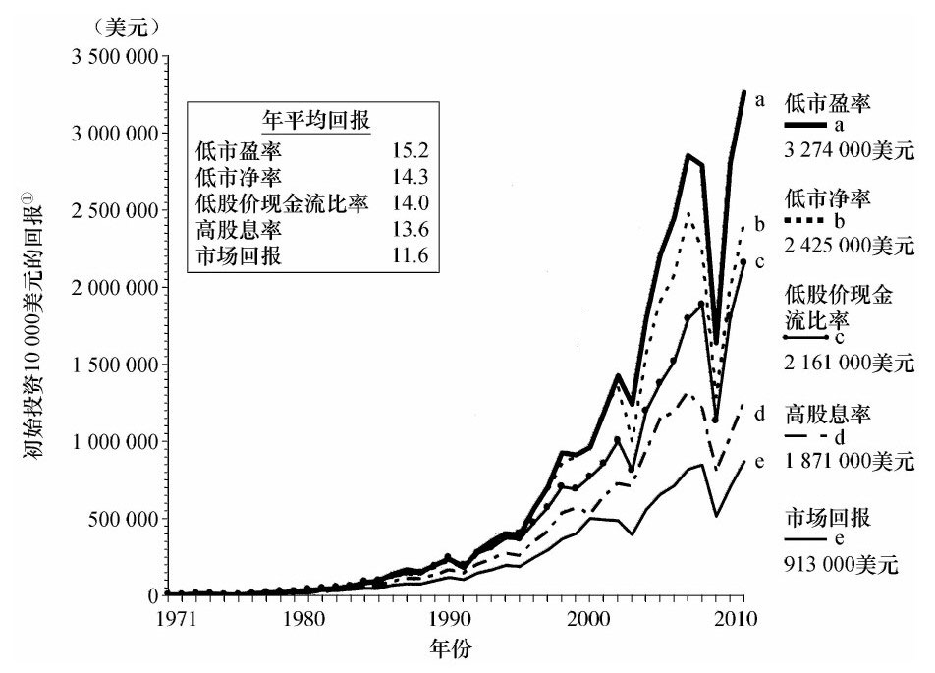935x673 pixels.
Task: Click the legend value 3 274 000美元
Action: pyautogui.click(x=849, y=151)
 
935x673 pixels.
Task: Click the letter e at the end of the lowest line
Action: pyautogui.click(x=759, y=461)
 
